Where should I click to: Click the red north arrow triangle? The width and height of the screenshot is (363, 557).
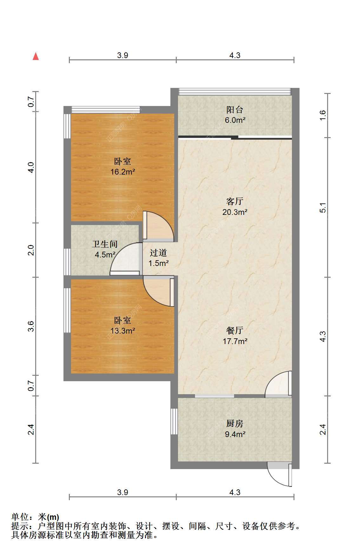(36, 56)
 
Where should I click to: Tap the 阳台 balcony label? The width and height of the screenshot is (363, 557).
(235, 110)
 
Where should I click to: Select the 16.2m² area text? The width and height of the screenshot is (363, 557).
(123, 172)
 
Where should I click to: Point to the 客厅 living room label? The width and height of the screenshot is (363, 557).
(235, 201)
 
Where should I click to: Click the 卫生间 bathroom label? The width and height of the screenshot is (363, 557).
(105, 244)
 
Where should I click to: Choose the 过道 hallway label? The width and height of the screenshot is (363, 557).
(158, 253)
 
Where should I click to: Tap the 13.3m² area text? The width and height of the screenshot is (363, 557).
(123, 331)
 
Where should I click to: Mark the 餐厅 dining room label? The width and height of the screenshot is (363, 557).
(235, 330)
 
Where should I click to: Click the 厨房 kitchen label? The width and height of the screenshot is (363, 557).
(235, 423)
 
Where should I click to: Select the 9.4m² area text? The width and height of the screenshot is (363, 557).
(235, 434)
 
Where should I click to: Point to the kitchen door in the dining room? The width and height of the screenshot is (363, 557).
(278, 384)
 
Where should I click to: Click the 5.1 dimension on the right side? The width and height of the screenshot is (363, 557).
(322, 208)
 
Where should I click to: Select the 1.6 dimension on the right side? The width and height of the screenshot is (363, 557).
(322, 115)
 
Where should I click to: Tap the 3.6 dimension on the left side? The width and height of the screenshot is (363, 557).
(30, 326)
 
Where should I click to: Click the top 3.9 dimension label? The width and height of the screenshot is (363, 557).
(122, 55)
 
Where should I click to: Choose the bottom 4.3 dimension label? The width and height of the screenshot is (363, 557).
(235, 492)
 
